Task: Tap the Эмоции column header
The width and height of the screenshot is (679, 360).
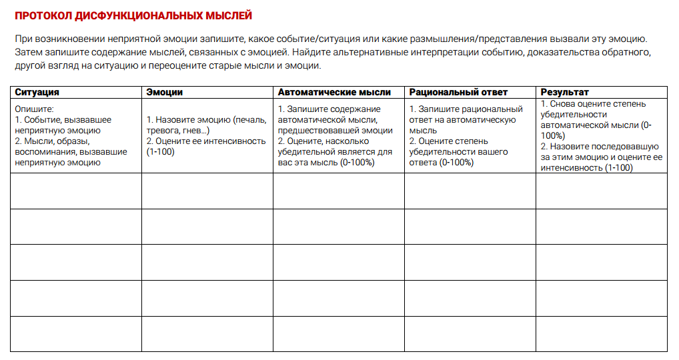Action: pos(164,92)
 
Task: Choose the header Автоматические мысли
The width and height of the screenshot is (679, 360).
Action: pos(334,92)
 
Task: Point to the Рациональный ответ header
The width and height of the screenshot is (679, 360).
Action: pos(458,92)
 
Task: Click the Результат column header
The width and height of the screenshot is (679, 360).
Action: pos(564,92)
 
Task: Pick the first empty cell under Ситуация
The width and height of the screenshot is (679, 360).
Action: pos(76,191)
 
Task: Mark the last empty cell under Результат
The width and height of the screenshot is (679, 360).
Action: pos(601,333)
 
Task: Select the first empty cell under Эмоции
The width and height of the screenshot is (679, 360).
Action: pos(207,191)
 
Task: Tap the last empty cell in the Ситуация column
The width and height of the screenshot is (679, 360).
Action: pos(76,333)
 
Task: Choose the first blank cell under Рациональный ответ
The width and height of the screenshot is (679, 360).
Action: pos(470,191)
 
